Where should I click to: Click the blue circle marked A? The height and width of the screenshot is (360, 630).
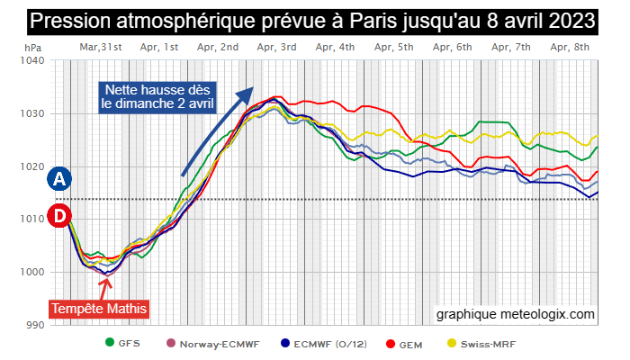59,178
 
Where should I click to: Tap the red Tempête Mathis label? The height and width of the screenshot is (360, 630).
99,309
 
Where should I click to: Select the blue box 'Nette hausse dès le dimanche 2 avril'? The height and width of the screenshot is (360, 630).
157,96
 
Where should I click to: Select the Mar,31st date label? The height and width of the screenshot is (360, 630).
101,46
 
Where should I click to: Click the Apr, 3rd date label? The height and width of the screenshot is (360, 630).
276,46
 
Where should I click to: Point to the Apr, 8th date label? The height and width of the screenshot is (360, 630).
570,46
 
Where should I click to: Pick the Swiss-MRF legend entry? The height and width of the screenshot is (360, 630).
484,343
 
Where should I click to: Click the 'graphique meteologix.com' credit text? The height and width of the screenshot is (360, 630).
516,314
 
